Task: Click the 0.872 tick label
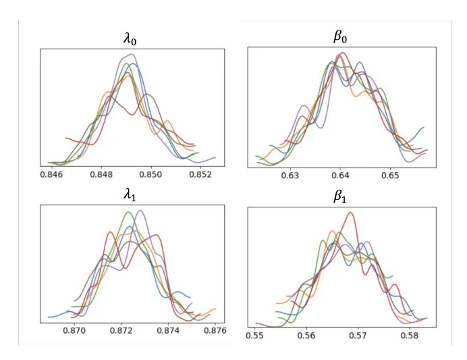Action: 121,331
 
